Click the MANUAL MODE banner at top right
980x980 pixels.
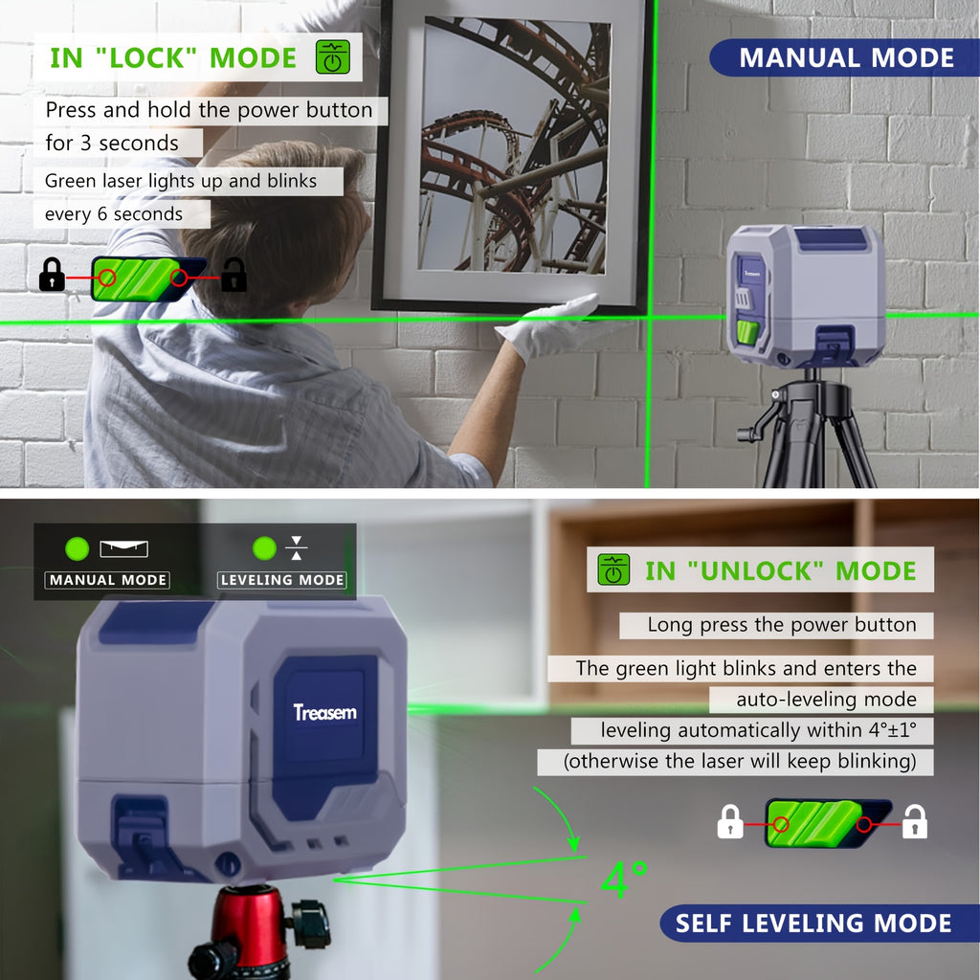coord(846,57)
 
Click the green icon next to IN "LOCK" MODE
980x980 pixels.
coord(333,57)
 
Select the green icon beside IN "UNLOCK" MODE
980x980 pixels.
coord(613,570)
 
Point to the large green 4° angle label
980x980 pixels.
coord(624,880)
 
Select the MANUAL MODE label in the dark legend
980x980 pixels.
coord(107,580)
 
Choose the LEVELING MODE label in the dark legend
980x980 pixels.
coord(282,580)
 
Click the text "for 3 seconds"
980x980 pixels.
coord(112,144)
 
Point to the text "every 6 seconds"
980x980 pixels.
coord(114,214)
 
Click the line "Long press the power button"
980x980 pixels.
coord(782,625)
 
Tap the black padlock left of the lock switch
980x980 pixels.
coord(52,276)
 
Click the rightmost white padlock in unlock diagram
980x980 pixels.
coord(915,822)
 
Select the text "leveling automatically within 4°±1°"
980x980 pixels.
coord(759,731)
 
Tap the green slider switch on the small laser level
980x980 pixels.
coord(748,334)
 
